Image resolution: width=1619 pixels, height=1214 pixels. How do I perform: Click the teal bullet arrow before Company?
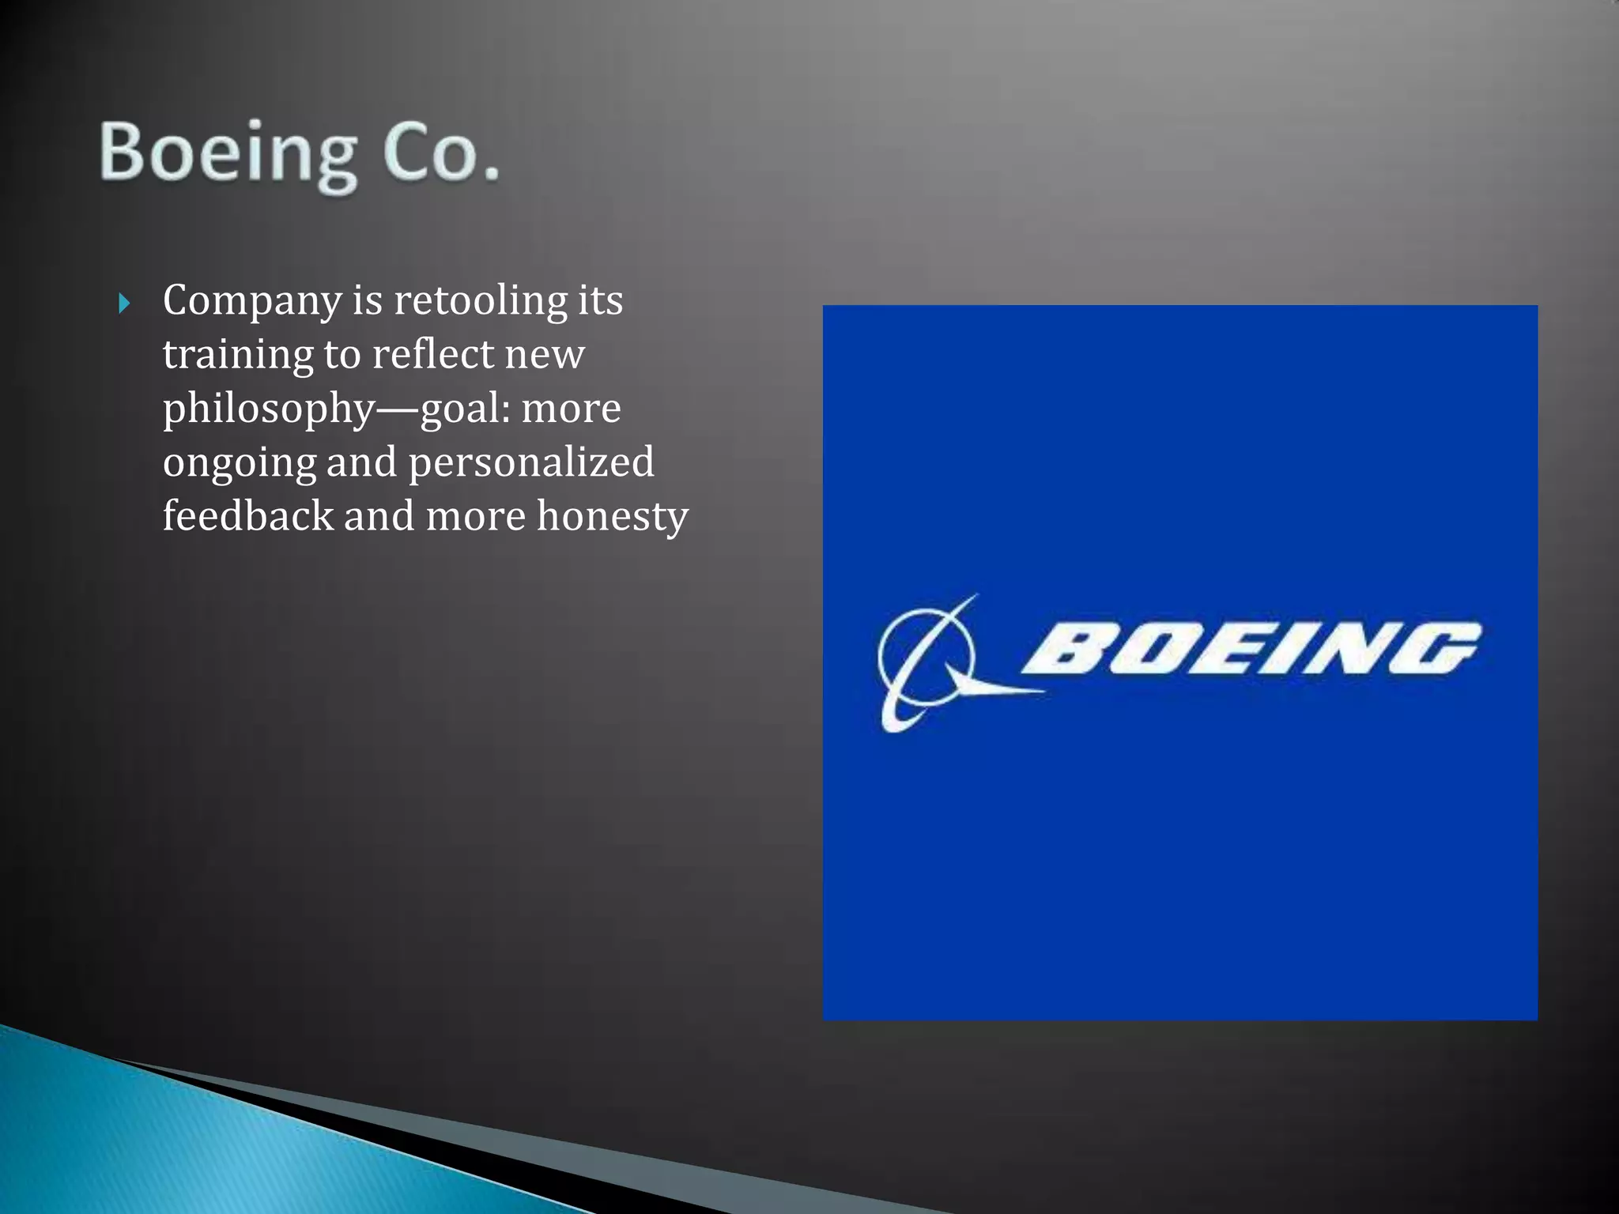point(124,303)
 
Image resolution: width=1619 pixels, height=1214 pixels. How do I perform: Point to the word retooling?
point(481,301)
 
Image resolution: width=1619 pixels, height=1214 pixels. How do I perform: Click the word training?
point(238,356)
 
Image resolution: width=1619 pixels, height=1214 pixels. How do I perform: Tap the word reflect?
point(432,354)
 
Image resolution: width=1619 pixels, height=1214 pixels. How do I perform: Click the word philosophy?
point(268,410)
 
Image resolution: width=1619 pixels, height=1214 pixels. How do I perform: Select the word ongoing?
point(239,464)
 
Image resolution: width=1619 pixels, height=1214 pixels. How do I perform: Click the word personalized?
point(531,462)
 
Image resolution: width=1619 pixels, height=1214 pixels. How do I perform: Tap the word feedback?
point(248,516)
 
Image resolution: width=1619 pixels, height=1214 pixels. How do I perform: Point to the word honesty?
point(613,518)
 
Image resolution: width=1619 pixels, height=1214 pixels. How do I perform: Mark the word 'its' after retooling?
point(600,301)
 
